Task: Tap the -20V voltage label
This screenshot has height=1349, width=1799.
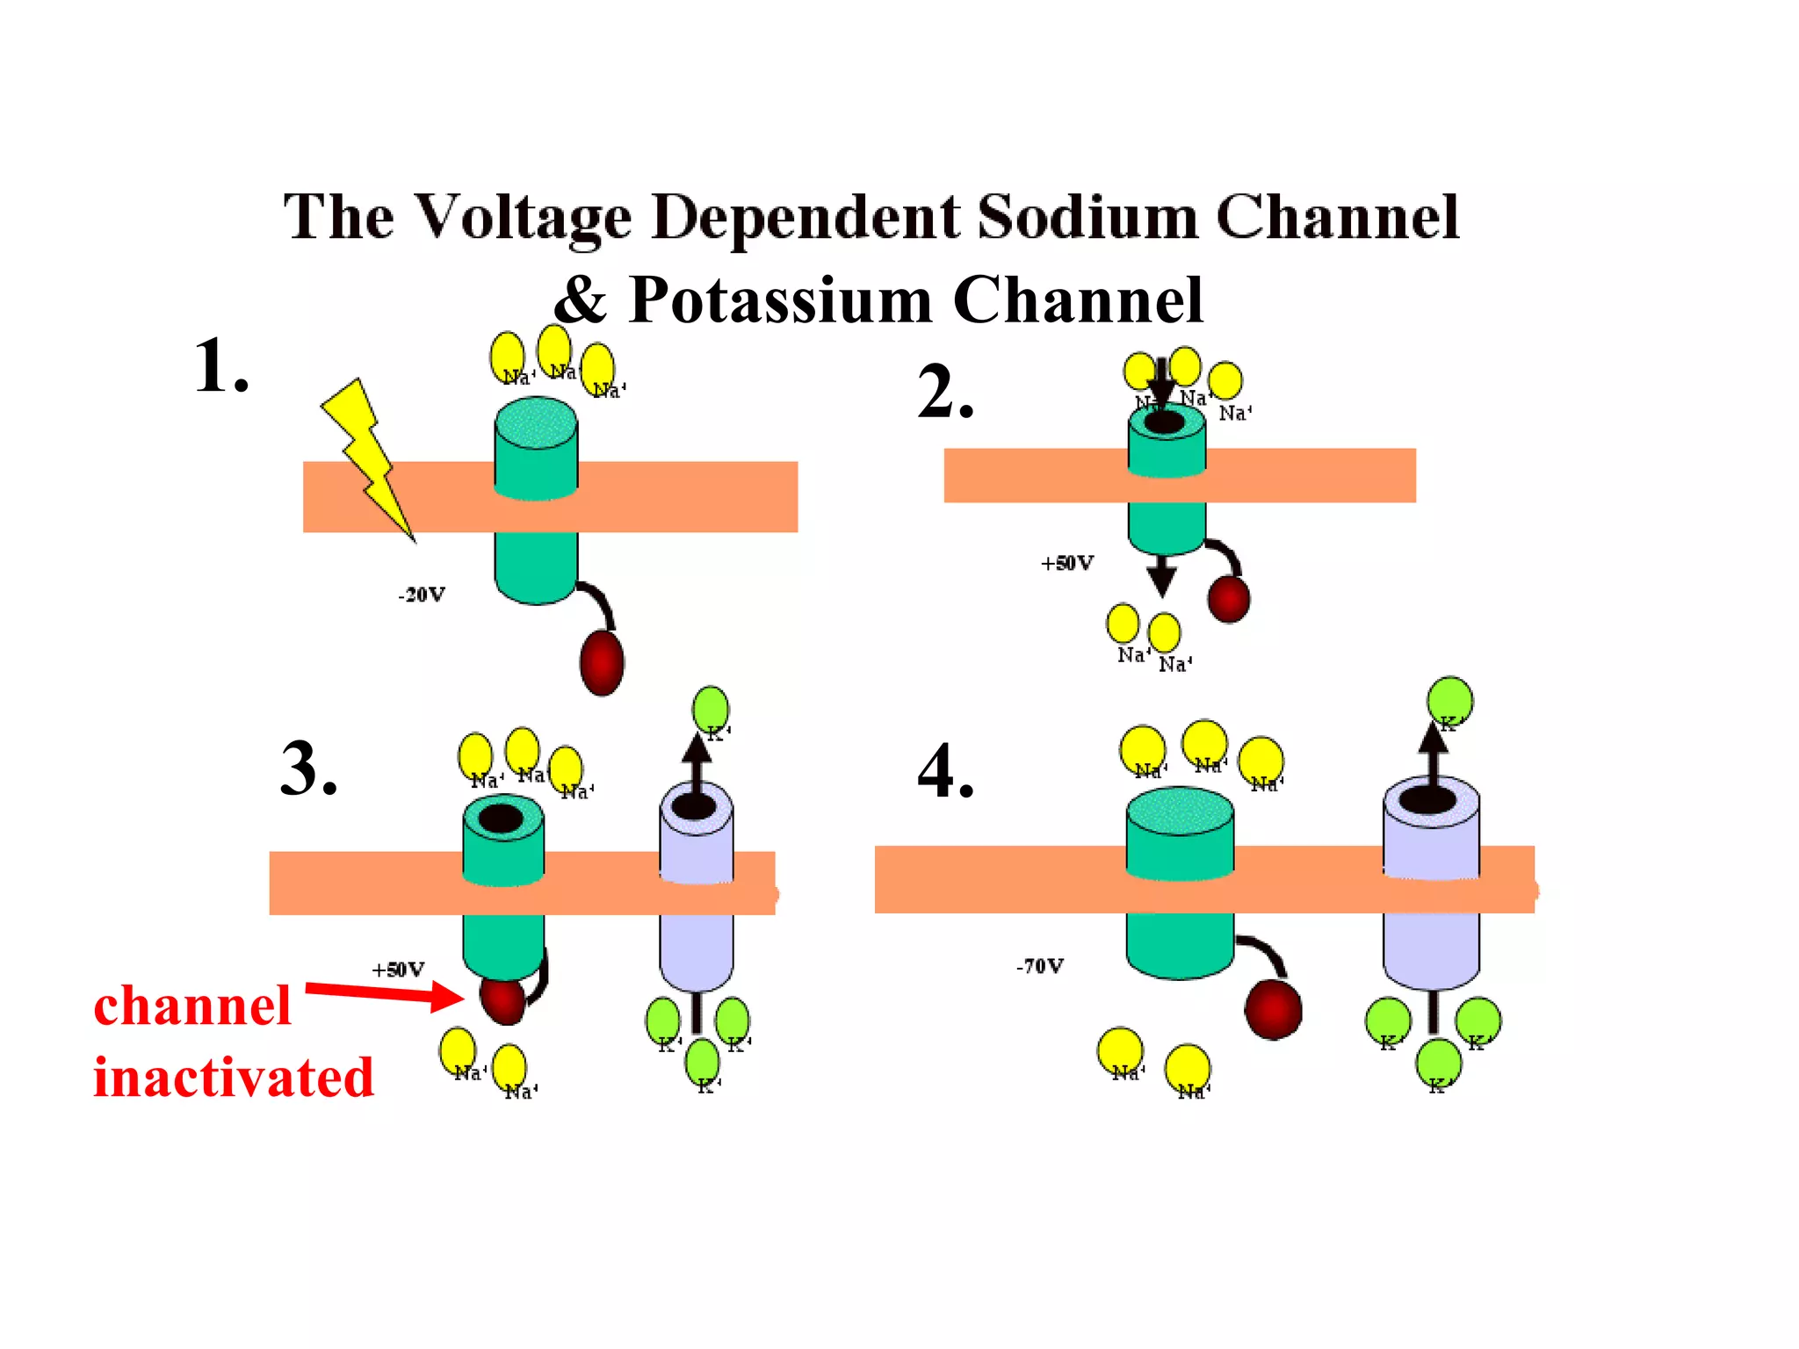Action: pos(422,595)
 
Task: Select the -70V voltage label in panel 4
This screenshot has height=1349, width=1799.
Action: pos(1040,966)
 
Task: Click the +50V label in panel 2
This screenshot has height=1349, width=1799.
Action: pos(1067,563)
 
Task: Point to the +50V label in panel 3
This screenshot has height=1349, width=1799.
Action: pos(398,970)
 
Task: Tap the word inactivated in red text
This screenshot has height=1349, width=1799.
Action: pos(234,1078)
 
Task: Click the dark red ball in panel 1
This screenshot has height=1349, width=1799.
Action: pos(602,662)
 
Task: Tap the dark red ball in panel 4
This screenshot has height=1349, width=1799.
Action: pos(1273,1009)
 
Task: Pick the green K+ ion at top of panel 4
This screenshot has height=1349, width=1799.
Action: pos(1449,700)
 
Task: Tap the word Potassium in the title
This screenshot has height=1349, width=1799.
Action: pos(781,300)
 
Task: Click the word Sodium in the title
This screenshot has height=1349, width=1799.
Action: pos(1087,216)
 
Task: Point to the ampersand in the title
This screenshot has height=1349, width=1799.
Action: pos(581,300)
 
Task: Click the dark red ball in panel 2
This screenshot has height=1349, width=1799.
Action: pos(1228,599)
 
